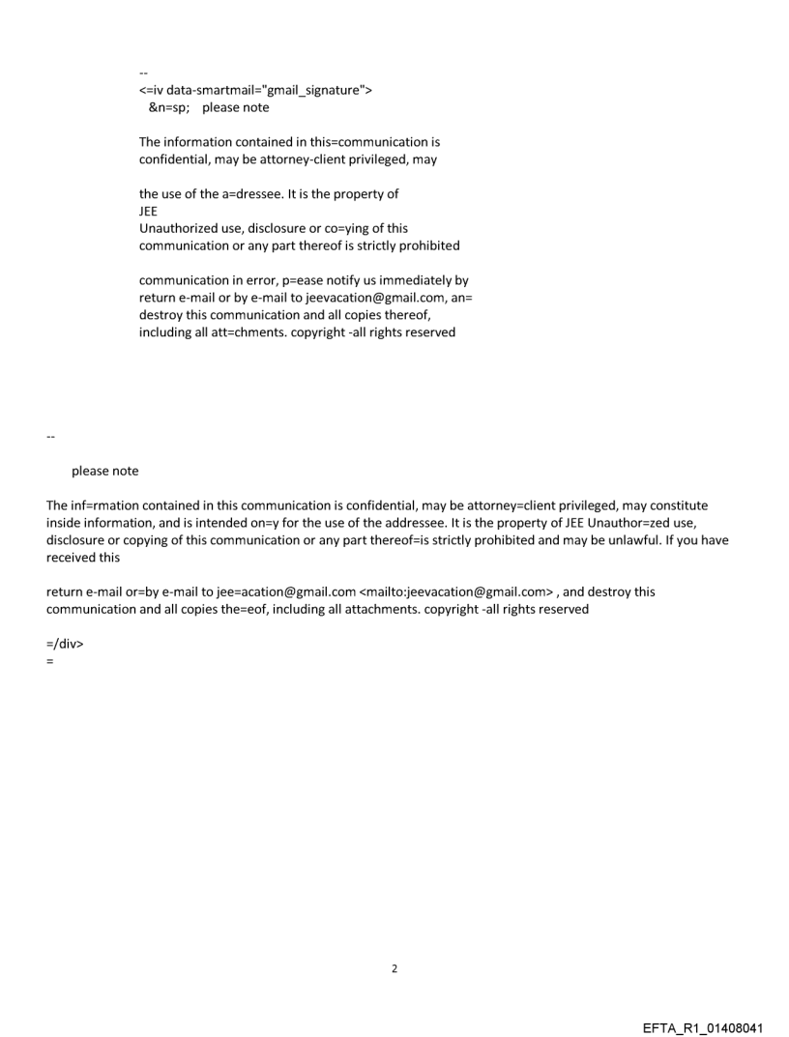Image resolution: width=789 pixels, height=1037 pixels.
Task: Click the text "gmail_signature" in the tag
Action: [309, 90]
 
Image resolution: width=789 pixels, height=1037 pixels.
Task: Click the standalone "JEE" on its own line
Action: [150, 212]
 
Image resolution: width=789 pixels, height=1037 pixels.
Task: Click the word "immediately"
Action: [416, 281]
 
